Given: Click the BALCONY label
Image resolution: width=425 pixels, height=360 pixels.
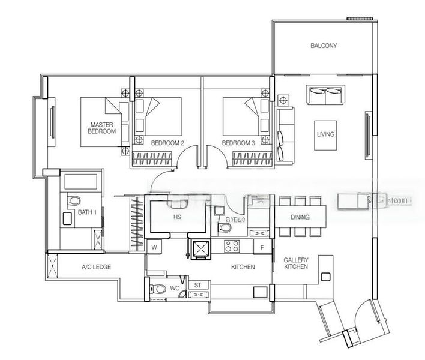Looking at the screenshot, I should pyautogui.click(x=324, y=46).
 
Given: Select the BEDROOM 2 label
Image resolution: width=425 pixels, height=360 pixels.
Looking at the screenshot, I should pyautogui.click(x=167, y=143).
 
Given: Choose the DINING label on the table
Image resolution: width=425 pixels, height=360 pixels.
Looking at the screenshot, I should pyautogui.click(x=300, y=218).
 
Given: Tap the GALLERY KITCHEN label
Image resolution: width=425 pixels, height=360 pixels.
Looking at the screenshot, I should pyautogui.click(x=296, y=263).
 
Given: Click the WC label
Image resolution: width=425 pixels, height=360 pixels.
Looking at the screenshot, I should pyautogui.click(x=175, y=289).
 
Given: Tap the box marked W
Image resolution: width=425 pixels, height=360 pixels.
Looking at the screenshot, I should pyautogui.click(x=154, y=247).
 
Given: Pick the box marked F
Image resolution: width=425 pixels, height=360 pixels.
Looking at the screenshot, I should pyautogui.click(x=262, y=247).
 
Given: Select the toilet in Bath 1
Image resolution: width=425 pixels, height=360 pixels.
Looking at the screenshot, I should pyautogui.click(x=74, y=200).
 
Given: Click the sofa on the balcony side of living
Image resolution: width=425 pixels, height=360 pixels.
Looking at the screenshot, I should pyautogui.click(x=325, y=94).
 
